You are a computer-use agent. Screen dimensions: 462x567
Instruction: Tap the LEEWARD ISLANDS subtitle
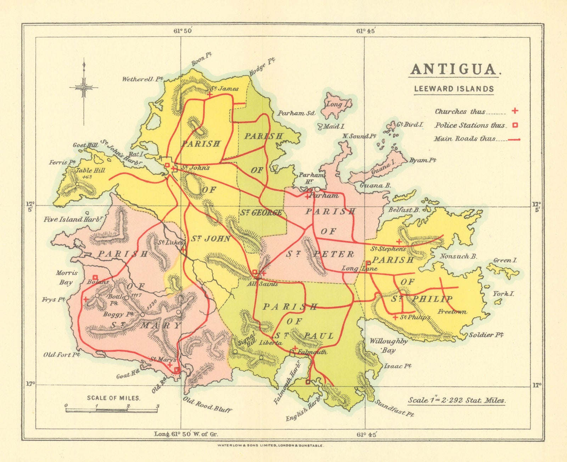454,89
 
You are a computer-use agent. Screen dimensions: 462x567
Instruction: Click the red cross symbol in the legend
515,111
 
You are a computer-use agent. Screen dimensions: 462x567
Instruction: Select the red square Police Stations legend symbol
516,125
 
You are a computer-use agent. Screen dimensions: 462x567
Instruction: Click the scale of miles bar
112,410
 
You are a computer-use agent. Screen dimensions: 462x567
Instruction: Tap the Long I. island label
334,104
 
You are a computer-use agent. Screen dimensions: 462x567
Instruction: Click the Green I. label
505,260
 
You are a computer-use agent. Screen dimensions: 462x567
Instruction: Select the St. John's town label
196,168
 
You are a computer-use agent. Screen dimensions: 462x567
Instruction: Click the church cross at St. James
210,95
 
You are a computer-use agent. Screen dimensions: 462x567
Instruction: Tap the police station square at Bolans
95,277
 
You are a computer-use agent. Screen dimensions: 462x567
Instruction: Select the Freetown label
452,312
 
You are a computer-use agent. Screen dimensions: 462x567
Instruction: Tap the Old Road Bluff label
207,404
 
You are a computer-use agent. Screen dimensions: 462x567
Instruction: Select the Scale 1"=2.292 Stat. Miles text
457,400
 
